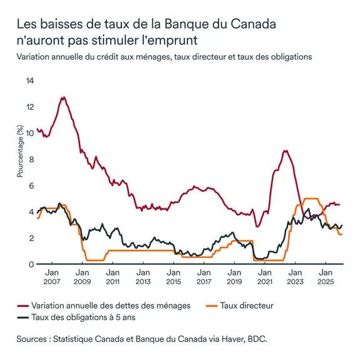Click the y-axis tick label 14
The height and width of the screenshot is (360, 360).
coord(28,81)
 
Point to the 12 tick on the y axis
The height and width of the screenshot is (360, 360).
coord(28,107)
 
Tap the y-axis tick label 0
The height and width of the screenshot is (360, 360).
coord(30,264)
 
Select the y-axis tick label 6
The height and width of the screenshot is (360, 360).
coord(30,186)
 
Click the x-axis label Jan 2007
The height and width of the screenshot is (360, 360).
coord(52,277)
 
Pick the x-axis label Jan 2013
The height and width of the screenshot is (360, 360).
coord(143,277)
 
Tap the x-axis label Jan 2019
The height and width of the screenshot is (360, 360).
coord(234,277)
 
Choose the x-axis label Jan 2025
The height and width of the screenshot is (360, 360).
coord(325,277)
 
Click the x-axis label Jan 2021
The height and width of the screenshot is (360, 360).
coord(264,277)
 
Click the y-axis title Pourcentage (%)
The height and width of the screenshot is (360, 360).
coord(19,151)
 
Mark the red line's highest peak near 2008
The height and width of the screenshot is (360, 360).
coord(63,98)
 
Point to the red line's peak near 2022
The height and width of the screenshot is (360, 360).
coord(285,151)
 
